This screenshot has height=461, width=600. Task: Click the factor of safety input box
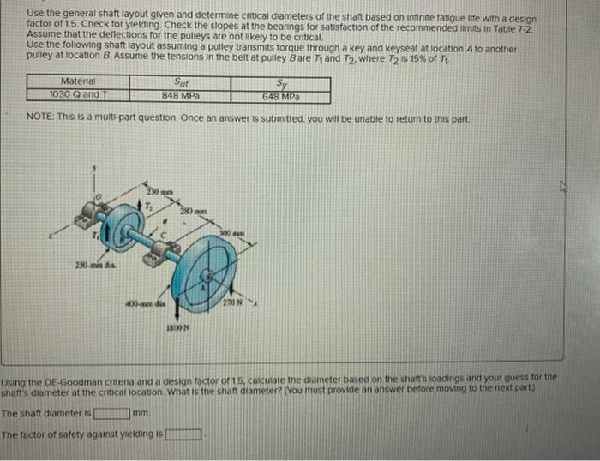coord(184,432)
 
